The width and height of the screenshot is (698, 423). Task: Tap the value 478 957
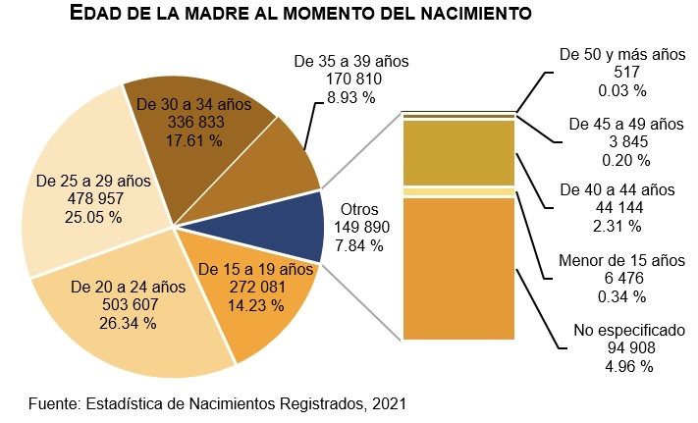(79, 199)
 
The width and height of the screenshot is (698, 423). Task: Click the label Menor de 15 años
(621, 260)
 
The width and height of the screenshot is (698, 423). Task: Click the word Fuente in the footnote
(54, 402)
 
